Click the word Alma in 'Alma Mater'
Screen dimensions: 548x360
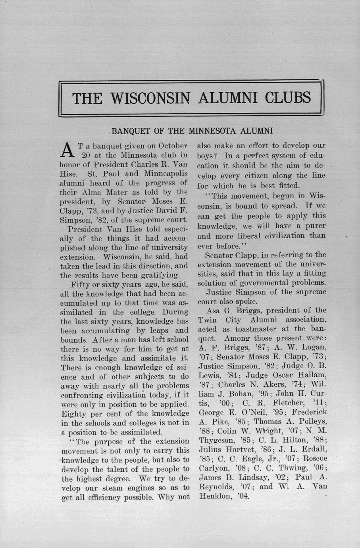coord(105,192)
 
